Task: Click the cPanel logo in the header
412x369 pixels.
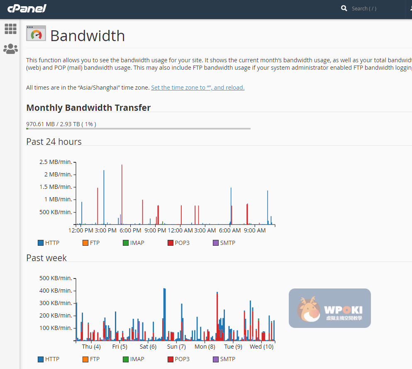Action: [27, 8]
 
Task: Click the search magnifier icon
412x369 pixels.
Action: [344, 8]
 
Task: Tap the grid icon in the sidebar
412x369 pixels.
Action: [10, 29]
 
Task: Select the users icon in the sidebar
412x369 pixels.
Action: [10, 49]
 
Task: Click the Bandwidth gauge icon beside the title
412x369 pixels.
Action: [36, 34]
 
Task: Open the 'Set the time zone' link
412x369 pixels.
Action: [197, 88]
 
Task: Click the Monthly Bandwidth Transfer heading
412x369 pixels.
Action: [88, 108]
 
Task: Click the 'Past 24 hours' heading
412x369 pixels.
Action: [54, 142]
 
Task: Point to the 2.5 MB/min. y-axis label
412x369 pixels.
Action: [56, 162]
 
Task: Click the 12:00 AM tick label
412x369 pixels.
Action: [180, 230]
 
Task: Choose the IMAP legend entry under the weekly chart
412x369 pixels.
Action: [133, 359]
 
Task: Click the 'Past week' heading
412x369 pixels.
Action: [46, 258]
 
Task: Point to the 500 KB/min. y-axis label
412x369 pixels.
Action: [56, 278]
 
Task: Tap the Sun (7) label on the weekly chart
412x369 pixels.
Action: [176, 347]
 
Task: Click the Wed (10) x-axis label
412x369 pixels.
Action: [261, 347]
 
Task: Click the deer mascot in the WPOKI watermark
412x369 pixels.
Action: [308, 309]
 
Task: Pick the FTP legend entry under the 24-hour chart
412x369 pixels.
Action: [91, 243]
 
